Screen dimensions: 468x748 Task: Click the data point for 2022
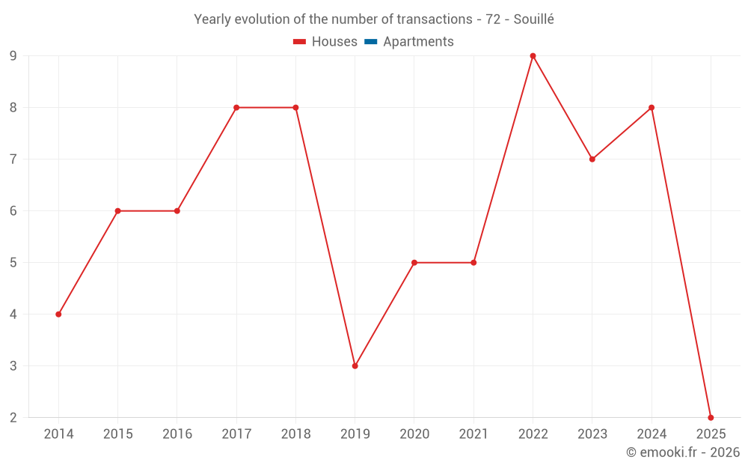(x=533, y=56)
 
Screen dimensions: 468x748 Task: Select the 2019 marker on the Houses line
(x=355, y=366)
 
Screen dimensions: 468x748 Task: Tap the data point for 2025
(x=711, y=417)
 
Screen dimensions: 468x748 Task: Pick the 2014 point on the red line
(x=58, y=314)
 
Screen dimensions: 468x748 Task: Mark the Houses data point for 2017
(x=236, y=108)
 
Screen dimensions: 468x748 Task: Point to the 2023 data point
(x=592, y=159)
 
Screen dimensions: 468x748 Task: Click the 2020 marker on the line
(x=414, y=263)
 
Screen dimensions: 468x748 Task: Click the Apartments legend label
(x=418, y=42)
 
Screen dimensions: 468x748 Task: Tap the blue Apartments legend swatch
(x=371, y=42)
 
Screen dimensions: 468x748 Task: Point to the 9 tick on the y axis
(x=13, y=56)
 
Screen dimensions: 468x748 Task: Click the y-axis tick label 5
(x=13, y=263)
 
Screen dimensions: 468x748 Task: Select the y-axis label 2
(x=13, y=418)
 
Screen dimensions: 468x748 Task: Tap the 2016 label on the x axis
(x=177, y=434)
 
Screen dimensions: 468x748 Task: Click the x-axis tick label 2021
(x=473, y=434)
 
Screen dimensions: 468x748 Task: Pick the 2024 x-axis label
(x=652, y=434)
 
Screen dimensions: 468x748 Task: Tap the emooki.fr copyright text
(x=682, y=452)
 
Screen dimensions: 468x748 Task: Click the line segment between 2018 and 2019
(x=325, y=237)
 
